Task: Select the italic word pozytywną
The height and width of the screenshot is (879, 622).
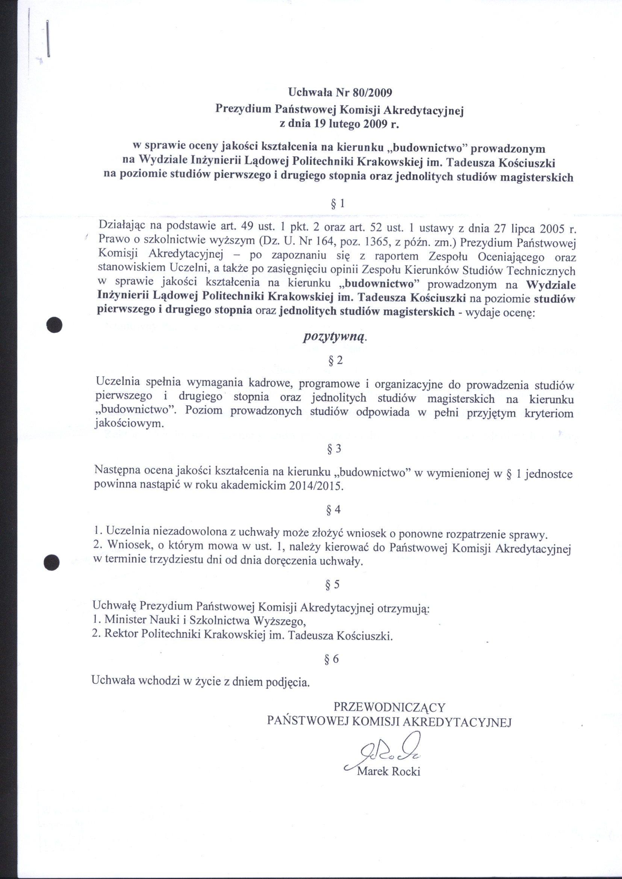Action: coord(335,337)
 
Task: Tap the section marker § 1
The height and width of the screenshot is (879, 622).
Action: coord(338,204)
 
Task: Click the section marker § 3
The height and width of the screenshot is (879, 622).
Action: coord(334,449)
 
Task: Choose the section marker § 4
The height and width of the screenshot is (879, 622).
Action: coord(333,509)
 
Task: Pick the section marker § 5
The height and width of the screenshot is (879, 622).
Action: coord(333,584)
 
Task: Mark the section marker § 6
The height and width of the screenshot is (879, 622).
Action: coord(332,659)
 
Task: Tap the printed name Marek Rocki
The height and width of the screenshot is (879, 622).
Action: coord(388,771)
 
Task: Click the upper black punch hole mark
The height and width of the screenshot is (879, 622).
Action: coord(54,325)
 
